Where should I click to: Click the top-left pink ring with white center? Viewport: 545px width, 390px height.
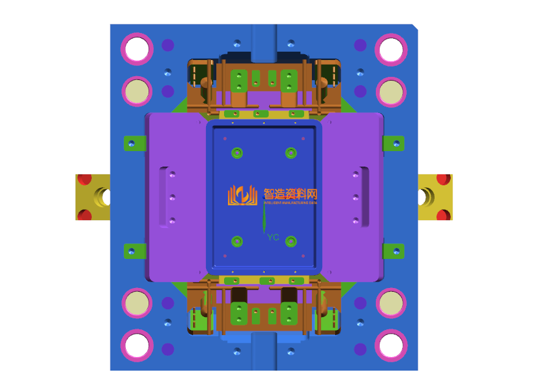click(137, 48)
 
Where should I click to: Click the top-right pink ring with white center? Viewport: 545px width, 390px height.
click(391, 48)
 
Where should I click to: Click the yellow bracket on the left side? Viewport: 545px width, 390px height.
click(92, 196)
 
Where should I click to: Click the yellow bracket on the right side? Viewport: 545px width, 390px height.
click(435, 196)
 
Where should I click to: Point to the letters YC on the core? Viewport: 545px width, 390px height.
click(273, 238)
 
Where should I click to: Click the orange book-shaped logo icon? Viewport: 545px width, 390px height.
click(242, 195)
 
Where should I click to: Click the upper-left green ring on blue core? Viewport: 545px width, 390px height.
click(237, 153)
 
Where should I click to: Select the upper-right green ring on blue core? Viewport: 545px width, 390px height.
click(291, 153)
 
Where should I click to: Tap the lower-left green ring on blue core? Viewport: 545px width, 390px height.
click(237, 241)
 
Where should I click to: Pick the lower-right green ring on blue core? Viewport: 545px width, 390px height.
click(291, 241)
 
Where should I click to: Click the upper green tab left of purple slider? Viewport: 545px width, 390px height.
click(134, 143)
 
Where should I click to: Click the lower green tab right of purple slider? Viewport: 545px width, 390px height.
click(393, 251)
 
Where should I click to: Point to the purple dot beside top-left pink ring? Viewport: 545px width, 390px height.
click(168, 45)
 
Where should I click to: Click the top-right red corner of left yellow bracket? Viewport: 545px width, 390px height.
click(104, 178)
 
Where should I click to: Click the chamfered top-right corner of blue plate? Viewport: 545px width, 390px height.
click(415, 28)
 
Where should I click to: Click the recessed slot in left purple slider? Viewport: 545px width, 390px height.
click(166, 197)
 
